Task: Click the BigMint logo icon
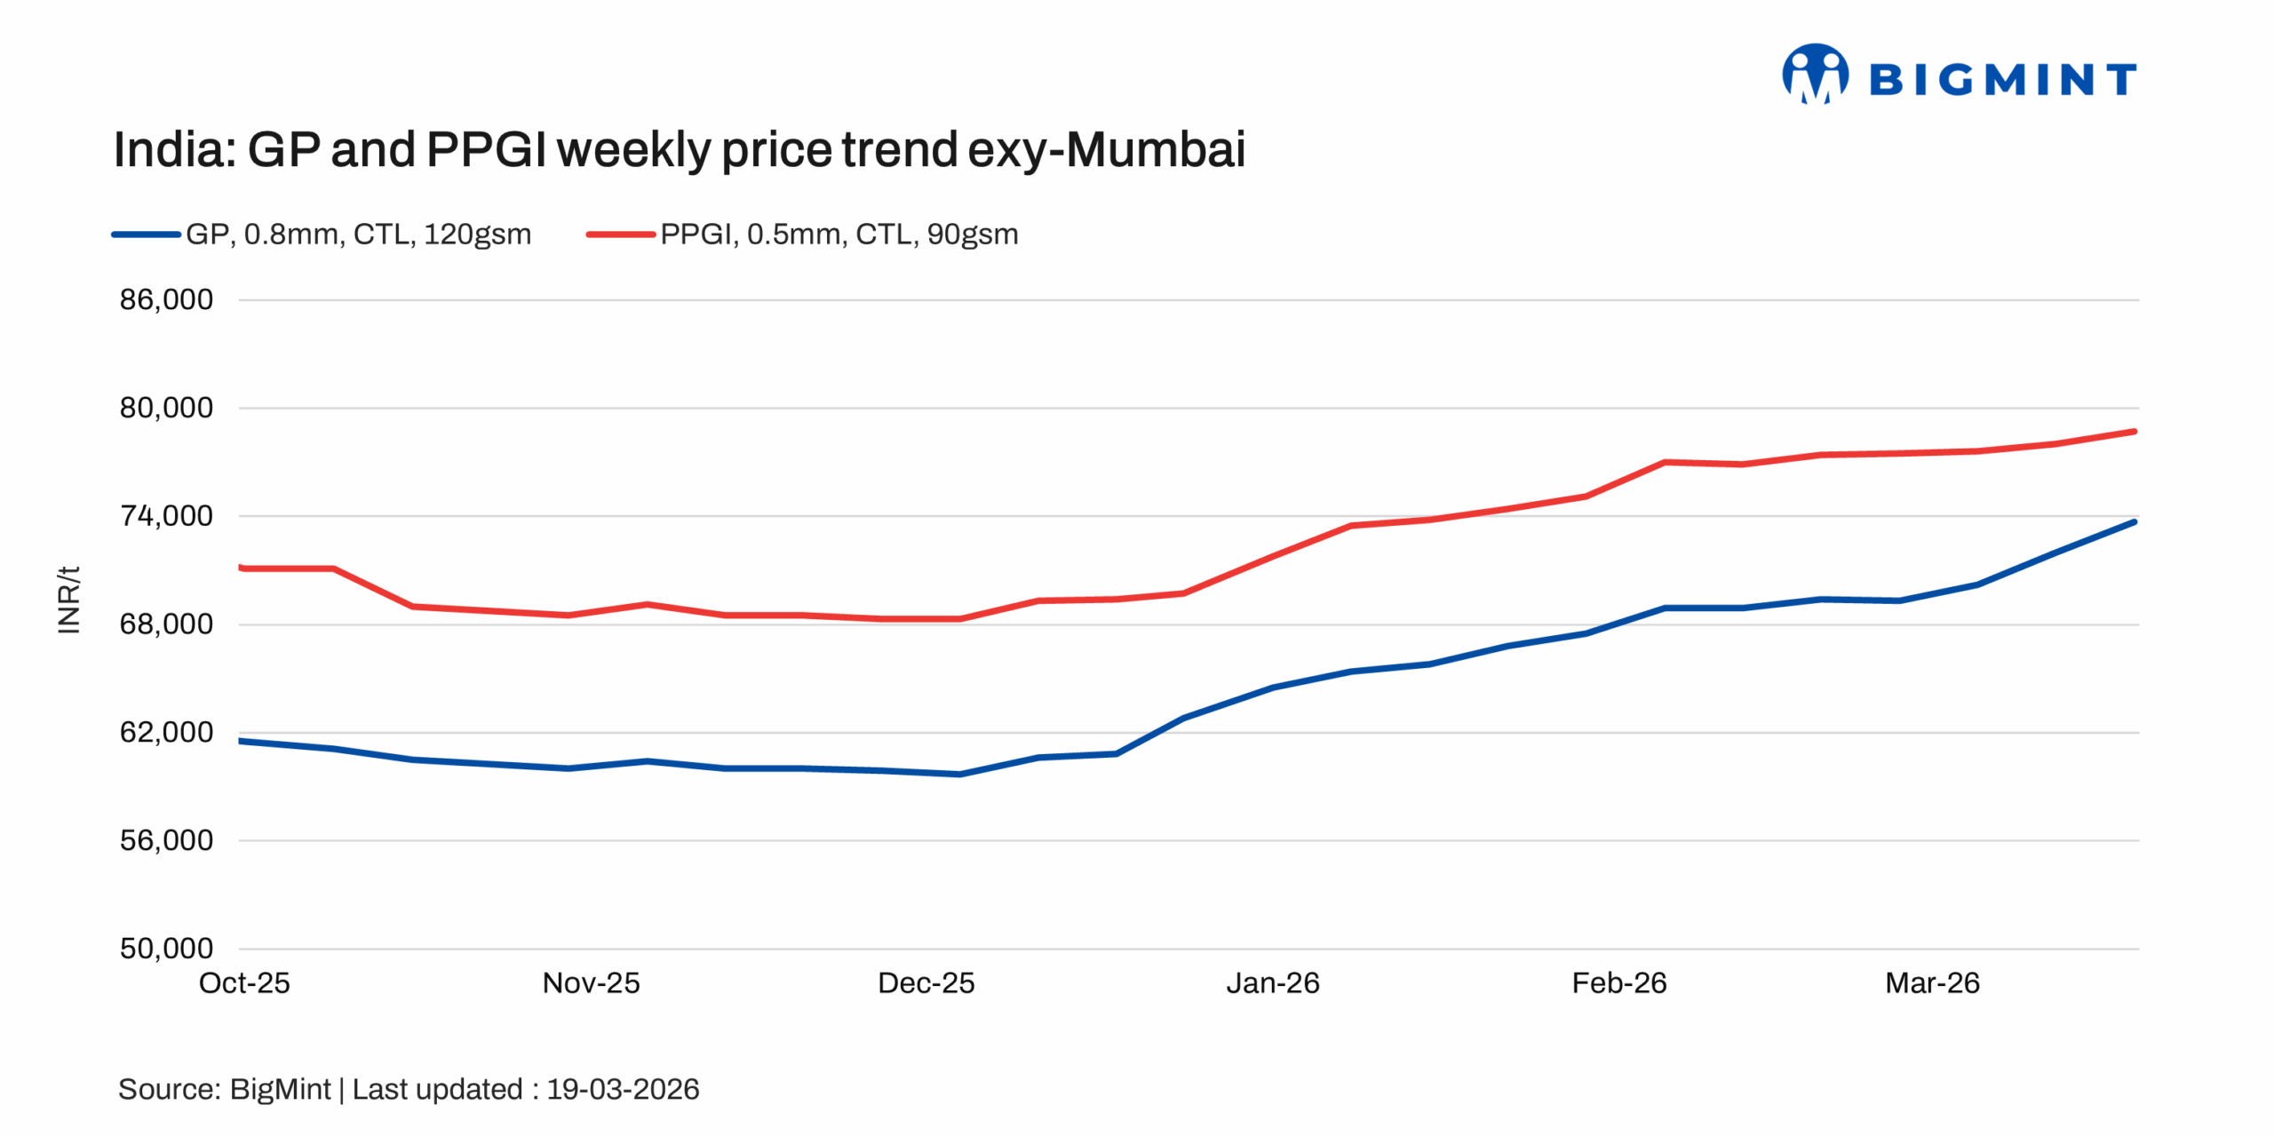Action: click(1814, 75)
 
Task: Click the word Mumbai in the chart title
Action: click(1155, 149)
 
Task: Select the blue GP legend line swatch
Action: click(146, 235)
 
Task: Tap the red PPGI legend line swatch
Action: click(620, 235)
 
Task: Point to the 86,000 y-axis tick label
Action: click(166, 299)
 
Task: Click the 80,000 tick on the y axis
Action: click(166, 408)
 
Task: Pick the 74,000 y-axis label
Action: click(166, 516)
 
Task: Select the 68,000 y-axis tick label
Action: click(166, 624)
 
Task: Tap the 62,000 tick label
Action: click(166, 732)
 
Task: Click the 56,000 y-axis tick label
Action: click(166, 840)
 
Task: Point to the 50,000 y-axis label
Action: click(166, 949)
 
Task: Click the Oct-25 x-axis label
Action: click(244, 983)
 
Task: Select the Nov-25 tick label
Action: click(591, 983)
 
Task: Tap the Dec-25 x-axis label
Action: click(926, 983)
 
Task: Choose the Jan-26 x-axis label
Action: click(1272, 983)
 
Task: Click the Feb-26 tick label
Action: click(1618, 983)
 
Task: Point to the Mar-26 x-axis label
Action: click(1932, 983)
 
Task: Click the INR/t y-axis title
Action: click(69, 600)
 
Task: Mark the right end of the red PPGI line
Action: click(2134, 432)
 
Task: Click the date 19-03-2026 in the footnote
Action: click(623, 1089)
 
